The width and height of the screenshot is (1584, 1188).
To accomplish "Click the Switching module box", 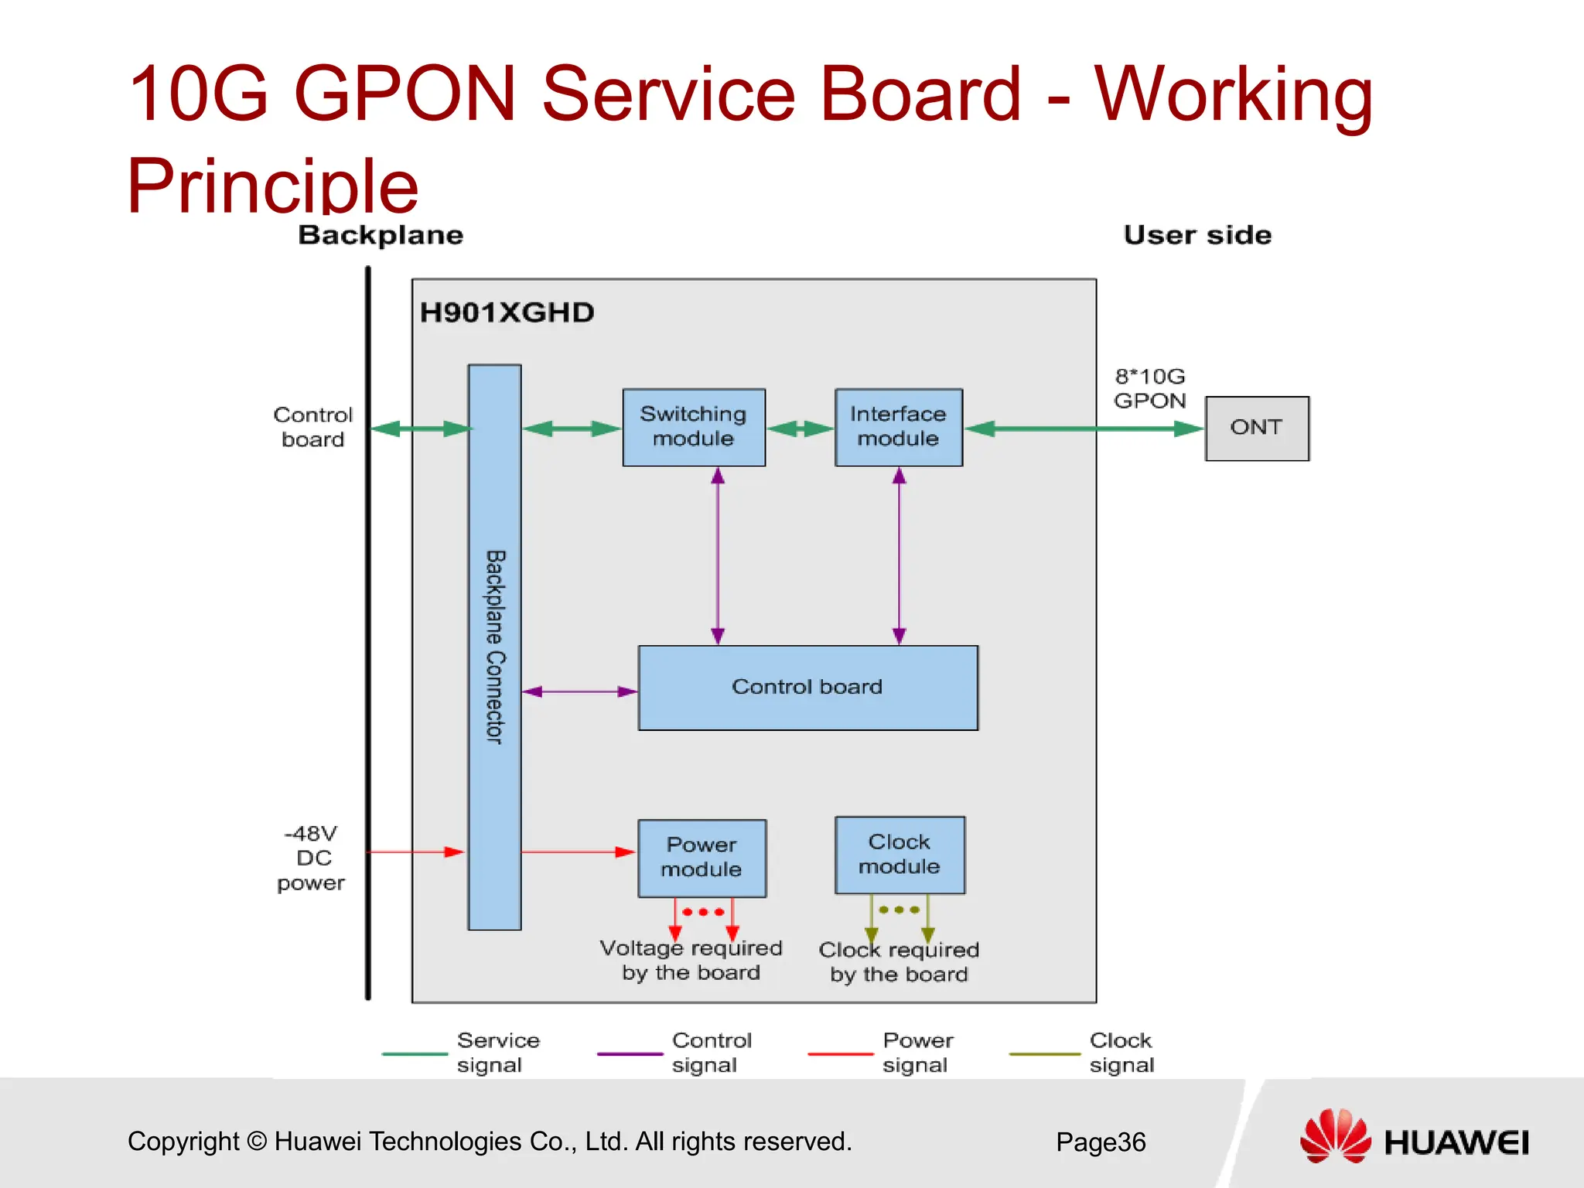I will coord(694,427).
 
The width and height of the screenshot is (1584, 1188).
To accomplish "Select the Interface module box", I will coord(898,427).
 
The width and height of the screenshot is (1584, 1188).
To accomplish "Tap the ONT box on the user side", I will coord(1256,428).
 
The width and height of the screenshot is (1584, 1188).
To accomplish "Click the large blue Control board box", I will coord(807,688).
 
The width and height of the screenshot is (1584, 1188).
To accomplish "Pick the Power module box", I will coord(702,858).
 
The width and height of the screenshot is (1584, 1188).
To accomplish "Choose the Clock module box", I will coord(900,855).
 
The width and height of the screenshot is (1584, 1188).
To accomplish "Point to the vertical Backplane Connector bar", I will coord(494,647).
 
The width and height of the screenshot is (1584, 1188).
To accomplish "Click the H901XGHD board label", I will coord(507,312).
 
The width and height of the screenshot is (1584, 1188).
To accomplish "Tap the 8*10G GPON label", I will coord(1149,388).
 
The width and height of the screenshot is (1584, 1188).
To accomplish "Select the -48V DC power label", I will coord(312,858).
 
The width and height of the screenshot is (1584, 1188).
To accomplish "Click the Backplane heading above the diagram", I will coord(381,235).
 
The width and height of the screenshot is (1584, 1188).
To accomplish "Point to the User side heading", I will coord(1197,235).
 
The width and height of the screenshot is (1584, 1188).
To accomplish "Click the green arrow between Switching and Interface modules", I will coord(800,428).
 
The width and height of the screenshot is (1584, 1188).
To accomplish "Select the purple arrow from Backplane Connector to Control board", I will coord(579,691).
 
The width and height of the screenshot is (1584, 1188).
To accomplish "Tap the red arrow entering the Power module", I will coord(579,852).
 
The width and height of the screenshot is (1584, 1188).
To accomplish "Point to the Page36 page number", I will coord(1100,1142).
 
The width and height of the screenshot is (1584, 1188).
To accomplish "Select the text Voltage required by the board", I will coord(691,960).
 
